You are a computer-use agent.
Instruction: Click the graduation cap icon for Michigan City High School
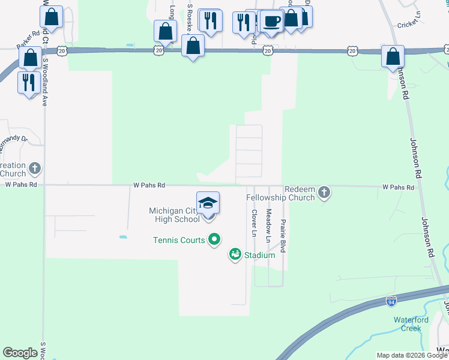[x=208, y=202]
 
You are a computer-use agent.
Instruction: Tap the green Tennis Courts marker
[x=214, y=241]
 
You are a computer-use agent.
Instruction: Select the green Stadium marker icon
[x=235, y=255]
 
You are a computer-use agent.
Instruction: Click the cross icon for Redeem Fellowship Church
[x=324, y=192]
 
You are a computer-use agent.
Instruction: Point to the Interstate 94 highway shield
[x=391, y=302]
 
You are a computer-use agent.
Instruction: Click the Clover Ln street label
[x=254, y=222]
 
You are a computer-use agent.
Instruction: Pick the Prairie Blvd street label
[x=283, y=236]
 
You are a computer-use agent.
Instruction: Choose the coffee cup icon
[x=271, y=21]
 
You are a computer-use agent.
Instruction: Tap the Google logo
[x=20, y=353]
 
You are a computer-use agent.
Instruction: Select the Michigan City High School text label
[x=174, y=215]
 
